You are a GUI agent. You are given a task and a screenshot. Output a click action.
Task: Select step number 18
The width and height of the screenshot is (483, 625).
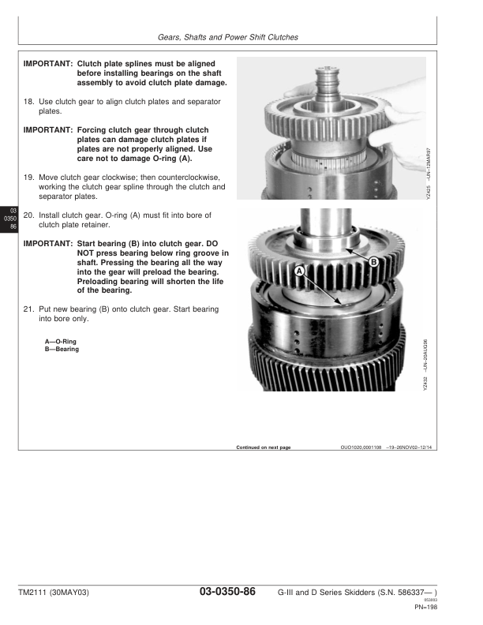pos(29,102)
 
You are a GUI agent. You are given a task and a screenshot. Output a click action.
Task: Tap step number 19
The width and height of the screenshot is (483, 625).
pos(29,178)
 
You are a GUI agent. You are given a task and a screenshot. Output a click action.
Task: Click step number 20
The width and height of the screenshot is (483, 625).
pos(29,215)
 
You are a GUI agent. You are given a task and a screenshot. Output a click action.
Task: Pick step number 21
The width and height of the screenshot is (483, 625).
pos(29,309)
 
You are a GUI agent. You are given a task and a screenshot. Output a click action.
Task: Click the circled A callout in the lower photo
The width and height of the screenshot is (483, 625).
pos(299,270)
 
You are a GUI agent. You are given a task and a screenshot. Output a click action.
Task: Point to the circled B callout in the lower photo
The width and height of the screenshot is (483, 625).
pos(373,261)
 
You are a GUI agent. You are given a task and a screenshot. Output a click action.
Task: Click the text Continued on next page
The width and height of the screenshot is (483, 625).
pos(264,447)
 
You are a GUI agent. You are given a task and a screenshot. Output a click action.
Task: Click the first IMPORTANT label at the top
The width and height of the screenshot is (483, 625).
pos(48,64)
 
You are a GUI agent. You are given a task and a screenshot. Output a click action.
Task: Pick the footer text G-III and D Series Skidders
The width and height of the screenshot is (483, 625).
pos(331,593)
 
